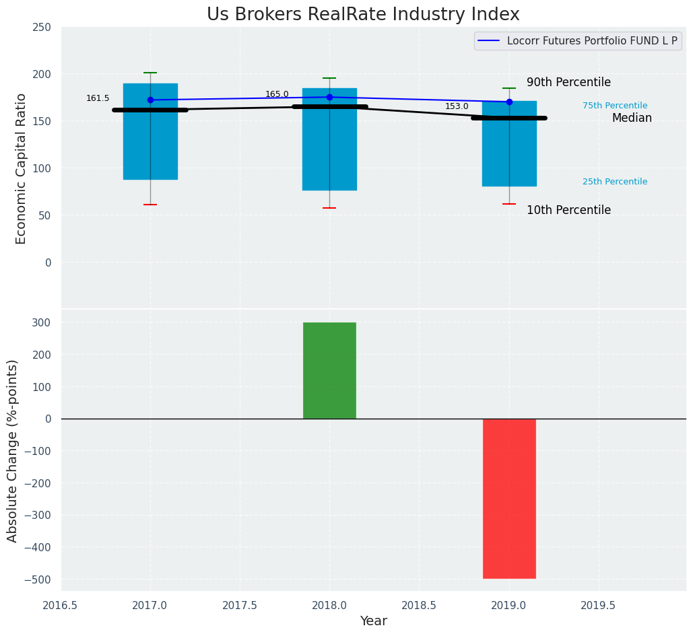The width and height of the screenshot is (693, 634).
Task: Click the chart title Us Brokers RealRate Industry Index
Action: click(x=363, y=15)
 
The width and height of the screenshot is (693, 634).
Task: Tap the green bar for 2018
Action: click(x=329, y=370)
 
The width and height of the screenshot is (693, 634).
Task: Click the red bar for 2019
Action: click(x=509, y=498)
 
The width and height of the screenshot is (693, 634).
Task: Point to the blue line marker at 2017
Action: click(x=150, y=100)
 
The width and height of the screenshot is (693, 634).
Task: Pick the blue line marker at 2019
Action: click(x=509, y=102)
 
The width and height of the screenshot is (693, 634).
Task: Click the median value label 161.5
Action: click(x=98, y=98)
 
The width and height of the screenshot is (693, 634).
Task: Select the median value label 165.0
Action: click(x=277, y=94)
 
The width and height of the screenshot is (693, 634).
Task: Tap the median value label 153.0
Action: click(x=457, y=106)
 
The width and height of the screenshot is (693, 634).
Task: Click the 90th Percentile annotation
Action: click(x=568, y=82)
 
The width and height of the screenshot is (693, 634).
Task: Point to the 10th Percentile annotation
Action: click(x=568, y=210)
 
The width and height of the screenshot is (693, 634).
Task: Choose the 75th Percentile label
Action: click(x=615, y=106)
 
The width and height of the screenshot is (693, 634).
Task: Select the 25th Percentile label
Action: click(x=615, y=182)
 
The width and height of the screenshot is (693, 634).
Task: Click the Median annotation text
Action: click(x=632, y=118)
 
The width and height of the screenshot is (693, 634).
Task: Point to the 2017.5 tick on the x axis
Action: click(x=240, y=605)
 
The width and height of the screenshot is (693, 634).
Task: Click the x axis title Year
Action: click(x=373, y=621)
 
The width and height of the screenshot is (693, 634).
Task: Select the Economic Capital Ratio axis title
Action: click(x=21, y=168)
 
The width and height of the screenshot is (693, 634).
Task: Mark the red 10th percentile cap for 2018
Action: click(x=329, y=208)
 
